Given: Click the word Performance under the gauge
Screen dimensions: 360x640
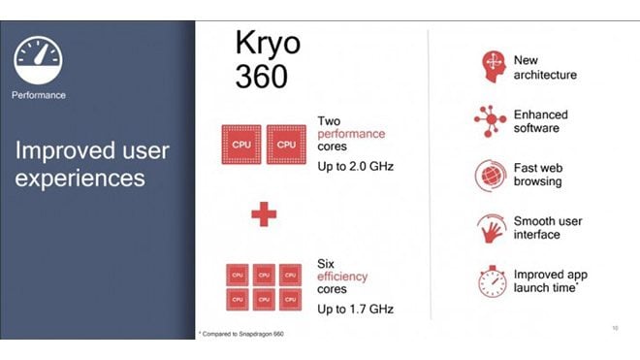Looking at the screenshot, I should (x=40, y=96).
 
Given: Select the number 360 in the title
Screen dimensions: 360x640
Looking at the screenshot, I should (x=261, y=76).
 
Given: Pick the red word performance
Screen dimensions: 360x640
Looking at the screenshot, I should (x=351, y=134).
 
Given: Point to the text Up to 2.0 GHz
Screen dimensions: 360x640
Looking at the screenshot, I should (x=355, y=167).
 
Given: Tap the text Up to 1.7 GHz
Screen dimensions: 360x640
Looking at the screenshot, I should (x=355, y=309).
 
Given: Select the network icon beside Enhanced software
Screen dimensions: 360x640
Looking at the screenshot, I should (x=491, y=120).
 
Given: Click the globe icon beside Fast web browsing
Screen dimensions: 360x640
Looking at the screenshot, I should (x=491, y=176).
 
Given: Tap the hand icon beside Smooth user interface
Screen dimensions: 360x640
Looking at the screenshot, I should (x=491, y=228).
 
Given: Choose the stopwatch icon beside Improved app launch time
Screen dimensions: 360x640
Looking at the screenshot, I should (x=492, y=281).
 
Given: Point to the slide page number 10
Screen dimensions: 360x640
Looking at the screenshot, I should (x=617, y=328).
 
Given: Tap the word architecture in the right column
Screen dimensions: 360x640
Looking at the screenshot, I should (x=545, y=75).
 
